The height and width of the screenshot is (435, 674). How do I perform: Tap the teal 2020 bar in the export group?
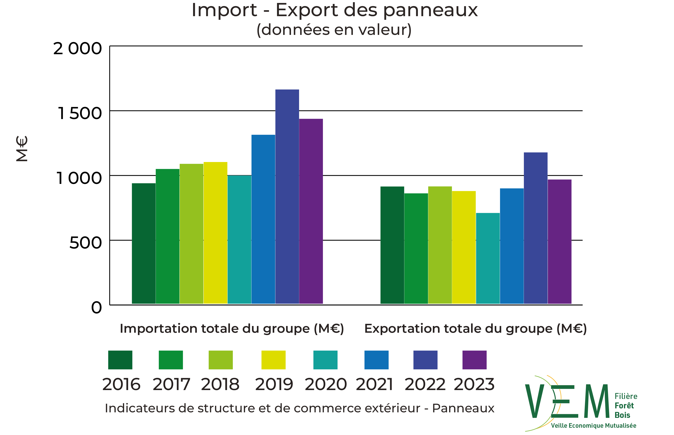pyautogui.click(x=488, y=258)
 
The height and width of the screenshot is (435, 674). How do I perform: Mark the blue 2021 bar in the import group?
pyautogui.click(x=263, y=219)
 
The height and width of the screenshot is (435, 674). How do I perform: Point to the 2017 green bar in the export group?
pyautogui.click(x=416, y=248)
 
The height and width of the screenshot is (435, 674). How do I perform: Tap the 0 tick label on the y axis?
pyautogui.click(x=96, y=308)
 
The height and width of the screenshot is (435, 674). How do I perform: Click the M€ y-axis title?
pyautogui.click(x=22, y=149)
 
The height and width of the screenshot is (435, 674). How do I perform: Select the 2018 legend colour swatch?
pyautogui.click(x=220, y=360)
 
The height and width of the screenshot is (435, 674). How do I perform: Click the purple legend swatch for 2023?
pyautogui.click(x=474, y=360)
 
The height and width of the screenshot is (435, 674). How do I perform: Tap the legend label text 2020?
pyautogui.click(x=325, y=384)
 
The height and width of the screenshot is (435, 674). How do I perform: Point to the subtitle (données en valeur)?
pyautogui.click(x=334, y=30)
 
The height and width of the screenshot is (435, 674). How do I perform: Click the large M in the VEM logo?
pyautogui.click(x=596, y=401)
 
